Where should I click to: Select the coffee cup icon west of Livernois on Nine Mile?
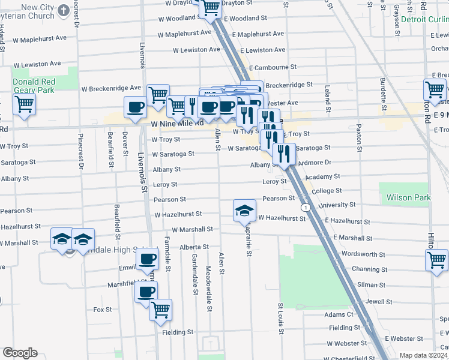pos(135,107)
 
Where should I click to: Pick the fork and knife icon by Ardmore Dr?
pos(284,154)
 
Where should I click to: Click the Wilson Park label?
pos(409,197)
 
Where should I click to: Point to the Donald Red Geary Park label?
pos(34,85)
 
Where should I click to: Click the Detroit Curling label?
pos(424,19)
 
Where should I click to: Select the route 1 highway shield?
pos(306,207)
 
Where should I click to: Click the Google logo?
pos(20,353)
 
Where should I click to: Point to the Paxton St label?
pos(359,138)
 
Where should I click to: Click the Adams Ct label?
pos(339,314)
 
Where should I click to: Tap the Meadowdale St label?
pos(209,289)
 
